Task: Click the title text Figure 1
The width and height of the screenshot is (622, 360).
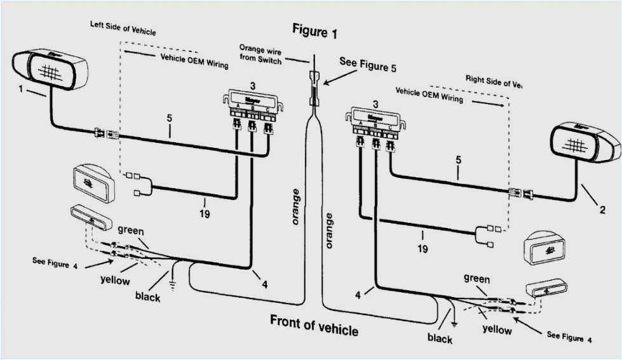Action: (x=314, y=30)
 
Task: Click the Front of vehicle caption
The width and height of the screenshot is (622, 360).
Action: (x=314, y=324)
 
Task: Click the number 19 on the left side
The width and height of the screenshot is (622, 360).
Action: (x=204, y=214)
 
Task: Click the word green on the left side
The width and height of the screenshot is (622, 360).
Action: (x=131, y=230)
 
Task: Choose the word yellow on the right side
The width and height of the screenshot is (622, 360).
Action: (x=497, y=329)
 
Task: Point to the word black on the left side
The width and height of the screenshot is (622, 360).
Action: (x=147, y=295)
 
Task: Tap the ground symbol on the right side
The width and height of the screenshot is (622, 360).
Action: (x=452, y=315)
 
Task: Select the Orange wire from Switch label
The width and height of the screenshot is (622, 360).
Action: (x=260, y=52)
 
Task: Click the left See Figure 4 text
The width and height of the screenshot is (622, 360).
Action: (x=55, y=261)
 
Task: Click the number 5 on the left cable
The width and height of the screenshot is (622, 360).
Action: (x=170, y=117)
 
